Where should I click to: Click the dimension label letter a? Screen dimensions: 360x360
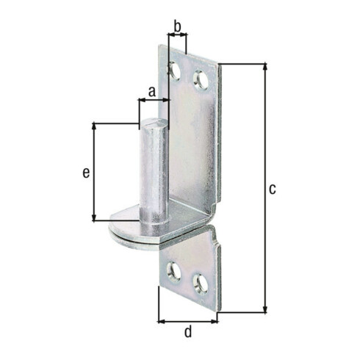click(152, 92)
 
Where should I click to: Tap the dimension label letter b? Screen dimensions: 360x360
click(177, 26)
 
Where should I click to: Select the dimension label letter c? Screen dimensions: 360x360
click(273, 189)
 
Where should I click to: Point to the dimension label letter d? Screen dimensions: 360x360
click(188, 332)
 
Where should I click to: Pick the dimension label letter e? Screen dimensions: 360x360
click(86, 173)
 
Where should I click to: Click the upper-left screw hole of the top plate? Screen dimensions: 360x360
click(175, 71)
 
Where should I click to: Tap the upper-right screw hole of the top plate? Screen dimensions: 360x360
click(201, 79)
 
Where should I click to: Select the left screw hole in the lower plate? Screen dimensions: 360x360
click(173, 273)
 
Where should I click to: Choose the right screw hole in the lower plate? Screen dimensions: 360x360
click(201, 284)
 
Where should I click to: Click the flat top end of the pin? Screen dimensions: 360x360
click(154, 122)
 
